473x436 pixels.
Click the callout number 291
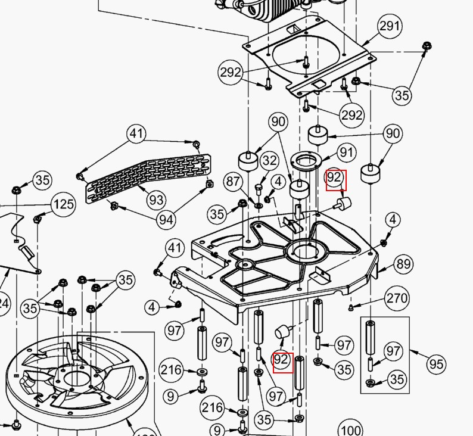point(390,26)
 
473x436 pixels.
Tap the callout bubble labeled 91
point(347,152)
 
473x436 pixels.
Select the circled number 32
point(270,160)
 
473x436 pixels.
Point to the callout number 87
point(233,181)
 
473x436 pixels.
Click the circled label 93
point(156,200)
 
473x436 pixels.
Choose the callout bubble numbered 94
point(166,220)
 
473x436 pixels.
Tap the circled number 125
point(63,204)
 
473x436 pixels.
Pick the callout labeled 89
point(403,264)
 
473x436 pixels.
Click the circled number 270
point(397,298)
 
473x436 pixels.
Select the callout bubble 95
point(436,362)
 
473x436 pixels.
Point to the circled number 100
point(350,429)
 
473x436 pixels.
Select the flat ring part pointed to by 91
point(306,160)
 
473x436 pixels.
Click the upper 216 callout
point(171,370)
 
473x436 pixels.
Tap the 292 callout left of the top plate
point(231,72)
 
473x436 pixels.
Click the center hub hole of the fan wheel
point(74,378)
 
